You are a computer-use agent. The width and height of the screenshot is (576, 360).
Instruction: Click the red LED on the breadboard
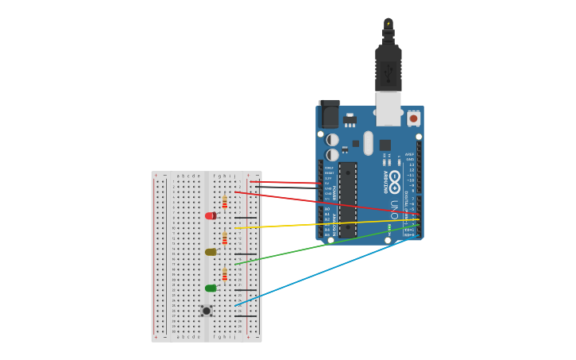tap(210, 215)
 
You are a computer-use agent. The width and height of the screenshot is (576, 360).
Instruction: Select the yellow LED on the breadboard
tap(211, 252)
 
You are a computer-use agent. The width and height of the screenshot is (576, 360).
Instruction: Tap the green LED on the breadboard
tap(211, 288)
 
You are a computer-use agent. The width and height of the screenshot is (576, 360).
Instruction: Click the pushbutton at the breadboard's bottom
tap(207, 311)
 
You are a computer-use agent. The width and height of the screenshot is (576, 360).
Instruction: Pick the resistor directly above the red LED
tap(225, 202)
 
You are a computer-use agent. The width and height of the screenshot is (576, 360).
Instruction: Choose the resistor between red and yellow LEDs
tap(225, 238)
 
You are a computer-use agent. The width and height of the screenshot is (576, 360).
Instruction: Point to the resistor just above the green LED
tap(225, 274)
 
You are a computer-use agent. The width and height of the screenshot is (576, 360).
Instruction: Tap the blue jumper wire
tap(318, 271)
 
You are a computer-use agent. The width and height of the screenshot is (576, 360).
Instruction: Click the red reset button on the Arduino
tap(413, 118)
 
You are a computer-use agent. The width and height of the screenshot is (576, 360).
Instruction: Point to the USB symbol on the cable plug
tap(388, 74)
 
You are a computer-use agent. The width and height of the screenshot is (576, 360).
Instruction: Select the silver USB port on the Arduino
tap(388, 109)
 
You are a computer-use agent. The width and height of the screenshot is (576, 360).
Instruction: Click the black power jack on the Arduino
tap(329, 114)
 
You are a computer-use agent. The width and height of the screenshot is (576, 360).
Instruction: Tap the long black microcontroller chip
tap(348, 199)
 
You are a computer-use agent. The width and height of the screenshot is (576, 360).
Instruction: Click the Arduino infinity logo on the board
tap(395, 177)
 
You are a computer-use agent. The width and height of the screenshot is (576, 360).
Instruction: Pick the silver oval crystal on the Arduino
tap(368, 143)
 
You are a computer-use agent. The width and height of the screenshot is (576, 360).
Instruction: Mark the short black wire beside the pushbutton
tap(245, 316)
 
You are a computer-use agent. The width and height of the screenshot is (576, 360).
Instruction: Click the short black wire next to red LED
tap(245, 217)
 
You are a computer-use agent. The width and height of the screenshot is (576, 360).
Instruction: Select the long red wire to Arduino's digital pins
tap(318, 202)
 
